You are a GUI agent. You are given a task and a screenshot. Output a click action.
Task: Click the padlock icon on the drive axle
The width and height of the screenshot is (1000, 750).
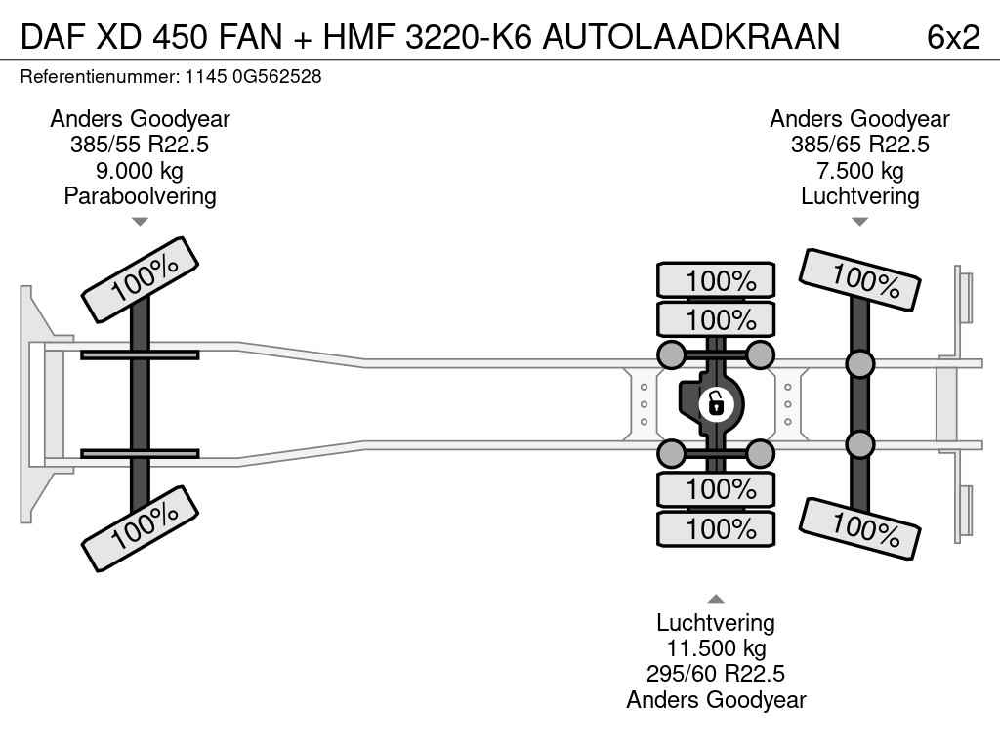tap(716, 402)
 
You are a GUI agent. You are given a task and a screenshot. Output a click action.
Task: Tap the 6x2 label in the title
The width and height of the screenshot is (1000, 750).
tap(952, 36)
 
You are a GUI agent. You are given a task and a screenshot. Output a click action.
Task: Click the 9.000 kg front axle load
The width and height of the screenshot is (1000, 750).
tap(140, 171)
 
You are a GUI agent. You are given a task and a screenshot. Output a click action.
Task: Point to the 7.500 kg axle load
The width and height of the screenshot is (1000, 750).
tap(859, 171)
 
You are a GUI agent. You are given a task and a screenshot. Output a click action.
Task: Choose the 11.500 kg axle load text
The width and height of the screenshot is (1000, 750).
tap(716, 648)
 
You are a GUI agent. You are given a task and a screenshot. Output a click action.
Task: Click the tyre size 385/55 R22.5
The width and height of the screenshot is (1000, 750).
tap(140, 146)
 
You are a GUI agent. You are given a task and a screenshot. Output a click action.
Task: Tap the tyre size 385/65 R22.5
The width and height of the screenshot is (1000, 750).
tap(859, 146)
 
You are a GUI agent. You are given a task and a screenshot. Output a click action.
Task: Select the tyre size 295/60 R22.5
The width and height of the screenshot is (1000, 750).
tap(716, 674)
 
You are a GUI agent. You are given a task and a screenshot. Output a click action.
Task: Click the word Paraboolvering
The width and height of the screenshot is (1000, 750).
tap(140, 196)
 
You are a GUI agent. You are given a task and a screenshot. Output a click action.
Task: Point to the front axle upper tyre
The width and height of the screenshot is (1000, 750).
tap(141, 279)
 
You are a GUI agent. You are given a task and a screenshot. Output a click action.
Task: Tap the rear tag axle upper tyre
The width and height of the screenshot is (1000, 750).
tap(859, 279)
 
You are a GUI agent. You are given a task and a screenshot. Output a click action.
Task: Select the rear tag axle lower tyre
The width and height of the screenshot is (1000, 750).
tap(859, 527)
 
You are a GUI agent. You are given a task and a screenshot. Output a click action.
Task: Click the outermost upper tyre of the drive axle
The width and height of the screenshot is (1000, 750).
tap(716, 280)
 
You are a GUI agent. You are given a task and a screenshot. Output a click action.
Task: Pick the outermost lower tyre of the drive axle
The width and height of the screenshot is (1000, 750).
tap(716, 529)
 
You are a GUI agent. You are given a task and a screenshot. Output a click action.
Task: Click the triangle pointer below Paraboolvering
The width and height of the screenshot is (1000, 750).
tap(140, 222)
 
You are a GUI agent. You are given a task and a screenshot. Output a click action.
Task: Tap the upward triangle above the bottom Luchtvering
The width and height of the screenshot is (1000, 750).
tap(716, 600)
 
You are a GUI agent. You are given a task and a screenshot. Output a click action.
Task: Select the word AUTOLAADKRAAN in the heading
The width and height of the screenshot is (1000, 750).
tap(690, 36)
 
